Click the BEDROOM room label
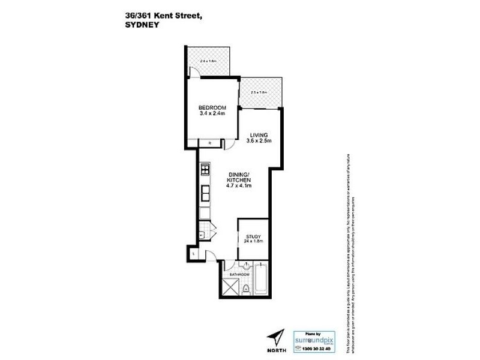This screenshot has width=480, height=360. (212, 108)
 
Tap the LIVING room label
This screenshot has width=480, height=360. (259, 135)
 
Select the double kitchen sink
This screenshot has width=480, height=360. (204, 193)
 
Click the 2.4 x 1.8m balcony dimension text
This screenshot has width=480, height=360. (208, 61)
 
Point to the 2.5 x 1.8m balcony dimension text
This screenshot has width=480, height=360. (259, 92)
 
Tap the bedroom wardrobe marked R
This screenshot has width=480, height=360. (210, 143)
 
